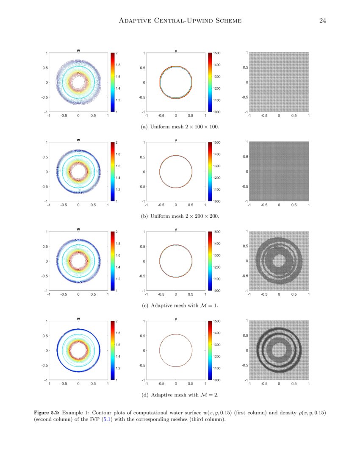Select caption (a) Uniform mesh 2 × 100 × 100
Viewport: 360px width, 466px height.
(x=180, y=127)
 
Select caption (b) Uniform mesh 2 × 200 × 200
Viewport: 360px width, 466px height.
(x=180, y=216)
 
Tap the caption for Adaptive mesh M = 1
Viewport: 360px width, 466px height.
(x=180, y=305)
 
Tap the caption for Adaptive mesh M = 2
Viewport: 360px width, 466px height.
(x=180, y=395)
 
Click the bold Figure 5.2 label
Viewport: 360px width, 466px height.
(x=47, y=412)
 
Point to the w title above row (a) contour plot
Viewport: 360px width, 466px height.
(x=78, y=50)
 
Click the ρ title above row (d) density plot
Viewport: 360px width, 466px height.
(x=176, y=319)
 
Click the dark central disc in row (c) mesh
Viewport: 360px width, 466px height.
(x=279, y=261)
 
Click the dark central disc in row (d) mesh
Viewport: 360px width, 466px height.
(x=279, y=350)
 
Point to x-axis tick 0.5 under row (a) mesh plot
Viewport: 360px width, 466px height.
(x=294, y=115)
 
